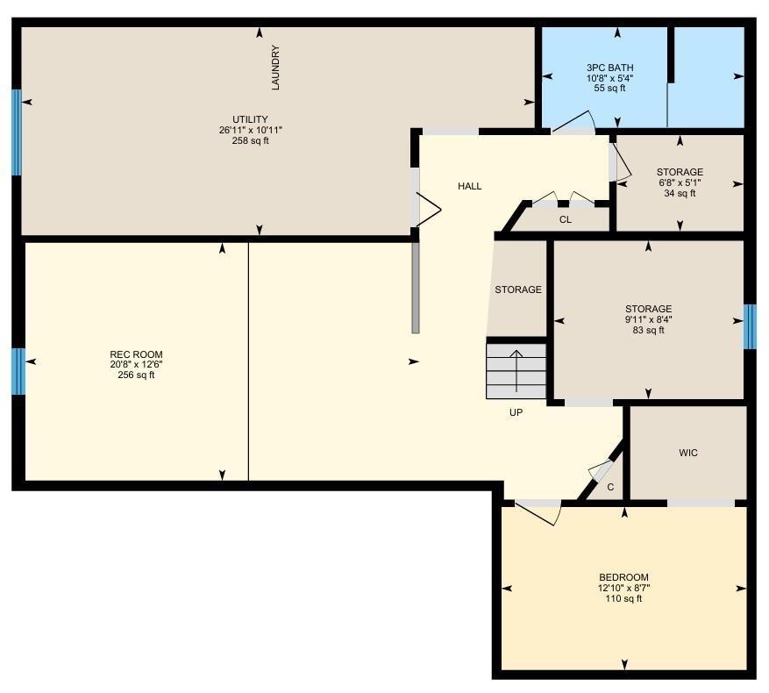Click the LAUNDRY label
[x=275, y=68]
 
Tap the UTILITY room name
[x=250, y=119]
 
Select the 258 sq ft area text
[x=250, y=140]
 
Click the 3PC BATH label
[x=609, y=68]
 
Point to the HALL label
[x=469, y=186]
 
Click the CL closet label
[x=565, y=219]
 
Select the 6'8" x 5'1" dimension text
[x=680, y=182]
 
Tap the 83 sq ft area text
[x=648, y=330]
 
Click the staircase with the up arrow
[x=516, y=368]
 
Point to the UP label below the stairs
[x=516, y=411]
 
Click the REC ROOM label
[x=136, y=354]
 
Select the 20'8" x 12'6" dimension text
[x=136, y=365]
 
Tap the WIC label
[x=688, y=453]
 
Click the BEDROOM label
[x=623, y=577]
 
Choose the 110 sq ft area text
[x=623, y=598]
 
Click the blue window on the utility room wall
[x=16, y=132]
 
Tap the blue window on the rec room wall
[x=18, y=371]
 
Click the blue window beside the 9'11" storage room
[x=750, y=326]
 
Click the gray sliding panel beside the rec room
[x=416, y=288]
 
